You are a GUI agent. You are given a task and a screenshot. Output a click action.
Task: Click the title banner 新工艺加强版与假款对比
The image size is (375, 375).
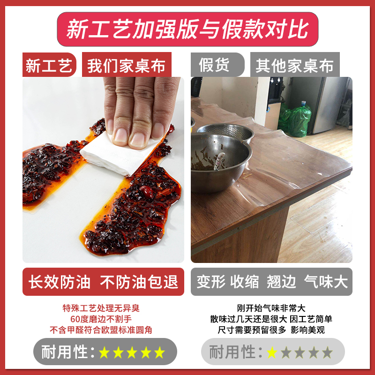click(187, 29)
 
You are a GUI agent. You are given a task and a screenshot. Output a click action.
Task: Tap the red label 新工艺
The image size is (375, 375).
click(49, 66)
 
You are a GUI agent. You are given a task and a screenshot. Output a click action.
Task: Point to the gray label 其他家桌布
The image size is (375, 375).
click(294, 66)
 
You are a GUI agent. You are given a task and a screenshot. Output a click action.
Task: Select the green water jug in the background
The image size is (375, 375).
click(300, 120)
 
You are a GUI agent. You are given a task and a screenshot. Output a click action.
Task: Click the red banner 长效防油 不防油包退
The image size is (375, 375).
click(104, 282)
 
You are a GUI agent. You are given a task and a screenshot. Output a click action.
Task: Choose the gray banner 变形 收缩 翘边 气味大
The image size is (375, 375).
click(271, 282)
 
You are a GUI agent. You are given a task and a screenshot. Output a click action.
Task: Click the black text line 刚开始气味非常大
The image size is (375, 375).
click(271, 308)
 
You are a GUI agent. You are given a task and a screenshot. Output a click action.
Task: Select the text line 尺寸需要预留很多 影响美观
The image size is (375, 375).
click(271, 330)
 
